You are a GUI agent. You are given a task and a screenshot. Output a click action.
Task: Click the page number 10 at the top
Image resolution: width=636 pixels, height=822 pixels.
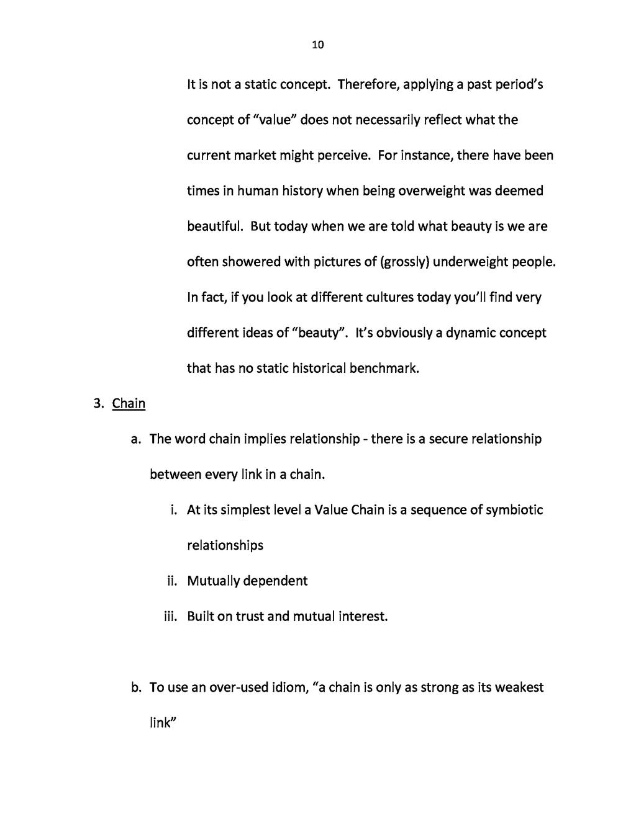(x=317, y=45)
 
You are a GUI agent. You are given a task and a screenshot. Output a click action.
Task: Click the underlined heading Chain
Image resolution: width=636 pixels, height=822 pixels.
(x=129, y=404)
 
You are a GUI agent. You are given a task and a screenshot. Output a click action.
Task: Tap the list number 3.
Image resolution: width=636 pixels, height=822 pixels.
(x=98, y=404)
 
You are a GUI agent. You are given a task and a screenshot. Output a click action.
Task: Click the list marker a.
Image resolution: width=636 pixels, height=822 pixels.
(x=135, y=439)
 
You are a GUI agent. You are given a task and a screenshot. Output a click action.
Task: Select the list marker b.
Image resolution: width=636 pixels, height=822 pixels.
(x=135, y=687)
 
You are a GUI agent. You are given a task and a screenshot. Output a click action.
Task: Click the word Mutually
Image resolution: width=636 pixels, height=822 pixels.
(x=213, y=581)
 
